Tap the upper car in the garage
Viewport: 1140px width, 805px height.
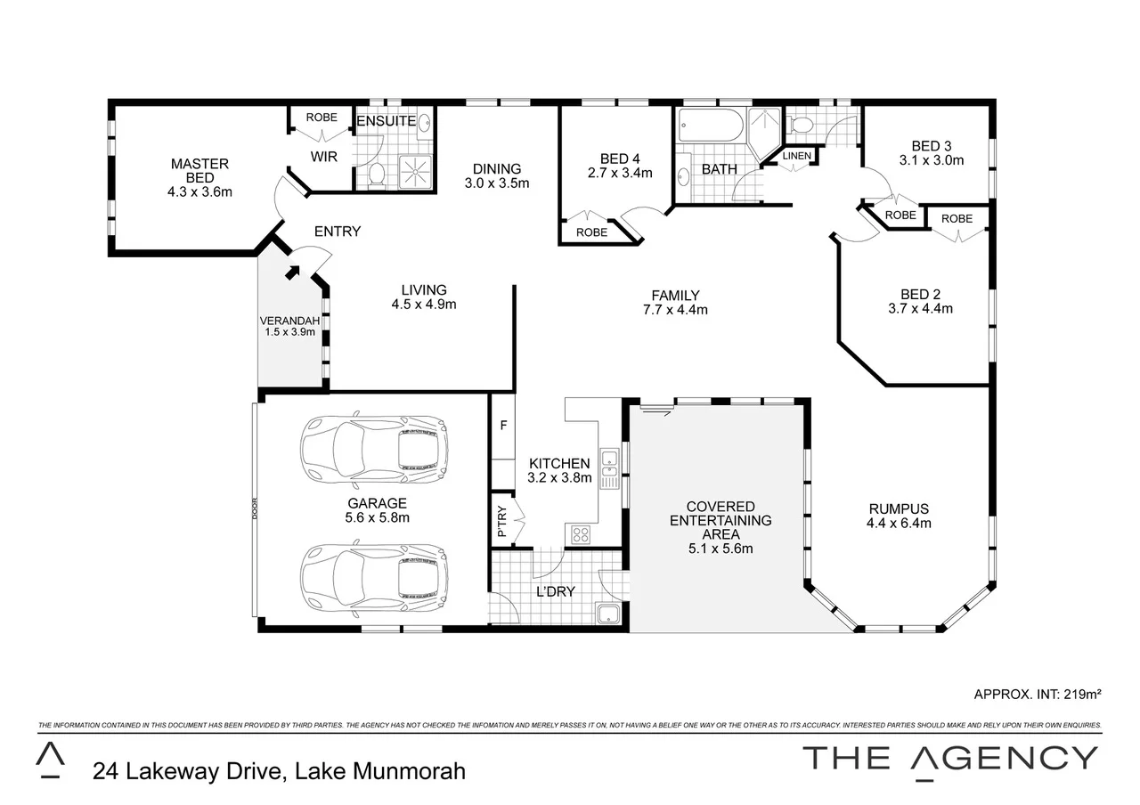coord(374,447)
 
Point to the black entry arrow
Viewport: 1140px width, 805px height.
coord(292,271)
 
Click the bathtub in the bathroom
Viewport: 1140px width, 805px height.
coord(711,126)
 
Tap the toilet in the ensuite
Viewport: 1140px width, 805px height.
coord(376,174)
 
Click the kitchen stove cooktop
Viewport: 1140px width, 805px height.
coord(580,534)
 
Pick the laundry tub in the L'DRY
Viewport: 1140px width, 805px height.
coord(608,614)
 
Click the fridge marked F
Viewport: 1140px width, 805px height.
coord(503,426)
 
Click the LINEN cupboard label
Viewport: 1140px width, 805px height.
coord(796,156)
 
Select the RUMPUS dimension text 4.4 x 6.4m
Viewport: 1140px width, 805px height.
coord(899,524)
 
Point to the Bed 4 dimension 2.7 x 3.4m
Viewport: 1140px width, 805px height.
coord(621,173)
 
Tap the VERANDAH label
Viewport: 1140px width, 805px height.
coord(289,321)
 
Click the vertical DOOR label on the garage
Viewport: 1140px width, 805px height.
coord(255,507)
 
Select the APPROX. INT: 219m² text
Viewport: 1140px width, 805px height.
coord(1038,694)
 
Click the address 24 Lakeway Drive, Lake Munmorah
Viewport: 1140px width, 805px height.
coord(279,770)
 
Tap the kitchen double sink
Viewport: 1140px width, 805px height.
coord(610,470)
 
